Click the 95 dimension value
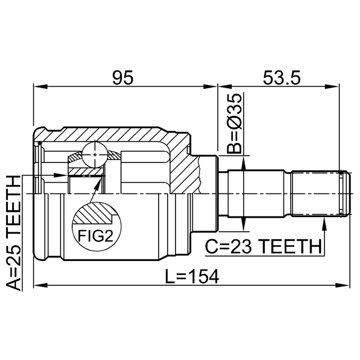[123, 78]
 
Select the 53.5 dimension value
[282, 78]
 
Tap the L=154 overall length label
[192, 276]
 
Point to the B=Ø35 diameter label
[235, 123]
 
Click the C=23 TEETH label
[263, 246]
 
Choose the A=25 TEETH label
[13, 232]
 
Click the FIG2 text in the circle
[96, 236]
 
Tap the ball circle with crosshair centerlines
[94, 155]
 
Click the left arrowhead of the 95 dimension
[40, 87]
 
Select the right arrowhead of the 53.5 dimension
[332, 87]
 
